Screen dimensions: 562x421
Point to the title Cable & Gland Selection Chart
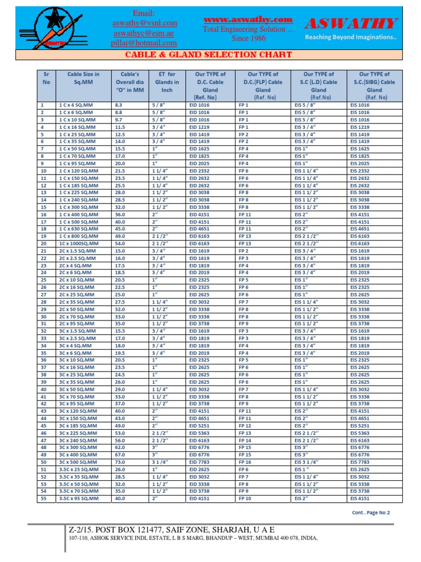tap(210, 54)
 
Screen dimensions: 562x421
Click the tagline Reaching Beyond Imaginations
tap(350, 37)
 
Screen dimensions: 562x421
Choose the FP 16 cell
tap(245, 446)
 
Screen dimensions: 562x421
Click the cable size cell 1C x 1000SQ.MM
tap(78, 243)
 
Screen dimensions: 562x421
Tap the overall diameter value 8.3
tap(118, 104)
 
